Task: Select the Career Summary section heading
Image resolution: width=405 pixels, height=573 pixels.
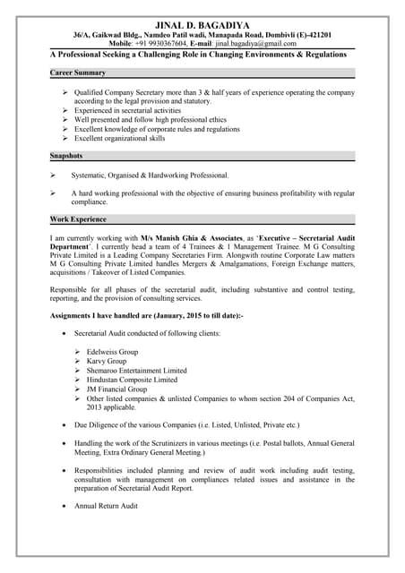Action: click(78, 73)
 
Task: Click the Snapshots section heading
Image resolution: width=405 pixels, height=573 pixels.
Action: click(67, 157)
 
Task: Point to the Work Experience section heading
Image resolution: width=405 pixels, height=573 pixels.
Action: click(79, 218)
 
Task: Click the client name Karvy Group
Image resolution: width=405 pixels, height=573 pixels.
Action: click(106, 361)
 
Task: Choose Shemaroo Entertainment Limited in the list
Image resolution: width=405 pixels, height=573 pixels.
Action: click(137, 371)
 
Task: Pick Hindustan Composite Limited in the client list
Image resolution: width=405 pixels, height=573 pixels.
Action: click(132, 380)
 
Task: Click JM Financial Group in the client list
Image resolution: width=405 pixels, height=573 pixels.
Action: click(116, 389)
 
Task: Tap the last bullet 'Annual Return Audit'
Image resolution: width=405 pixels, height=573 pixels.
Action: click(106, 507)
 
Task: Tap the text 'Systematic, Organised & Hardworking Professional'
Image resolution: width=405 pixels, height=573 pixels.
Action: click(151, 175)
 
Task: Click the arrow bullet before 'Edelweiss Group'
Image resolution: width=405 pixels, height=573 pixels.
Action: click(78, 352)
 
